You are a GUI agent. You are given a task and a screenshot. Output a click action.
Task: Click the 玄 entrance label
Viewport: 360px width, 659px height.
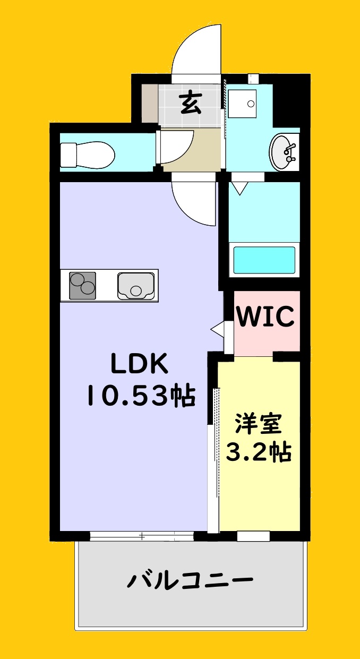(x=191, y=103)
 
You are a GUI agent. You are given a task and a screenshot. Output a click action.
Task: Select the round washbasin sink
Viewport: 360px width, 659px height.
(x=283, y=152)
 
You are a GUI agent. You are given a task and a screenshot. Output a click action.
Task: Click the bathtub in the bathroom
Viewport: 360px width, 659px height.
(x=264, y=260)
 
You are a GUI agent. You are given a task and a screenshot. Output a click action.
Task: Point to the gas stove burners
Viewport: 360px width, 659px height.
(x=83, y=286)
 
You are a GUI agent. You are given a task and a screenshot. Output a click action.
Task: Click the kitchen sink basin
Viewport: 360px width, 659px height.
(x=136, y=286)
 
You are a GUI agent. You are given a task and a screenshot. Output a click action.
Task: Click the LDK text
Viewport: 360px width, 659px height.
(x=140, y=363)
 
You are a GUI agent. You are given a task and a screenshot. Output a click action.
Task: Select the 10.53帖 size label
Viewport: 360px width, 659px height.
(x=141, y=396)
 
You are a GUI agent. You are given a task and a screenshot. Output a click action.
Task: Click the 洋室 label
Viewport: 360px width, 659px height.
(x=259, y=424)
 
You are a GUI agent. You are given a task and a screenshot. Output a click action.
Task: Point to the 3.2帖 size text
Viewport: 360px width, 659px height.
(x=259, y=451)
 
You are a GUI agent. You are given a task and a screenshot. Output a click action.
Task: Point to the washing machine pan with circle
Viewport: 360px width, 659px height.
(x=242, y=104)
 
